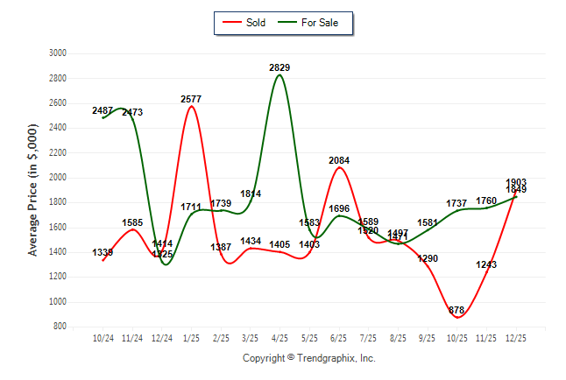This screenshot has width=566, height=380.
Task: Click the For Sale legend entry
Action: (312, 23)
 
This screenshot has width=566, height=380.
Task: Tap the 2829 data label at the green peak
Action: (279, 67)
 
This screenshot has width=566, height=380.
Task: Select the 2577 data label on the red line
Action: (191, 100)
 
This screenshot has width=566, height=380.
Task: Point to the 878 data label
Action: (456, 310)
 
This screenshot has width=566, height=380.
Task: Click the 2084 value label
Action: (339, 160)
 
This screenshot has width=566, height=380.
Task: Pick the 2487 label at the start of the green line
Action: (103, 110)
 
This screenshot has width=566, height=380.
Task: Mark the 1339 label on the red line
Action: (103, 253)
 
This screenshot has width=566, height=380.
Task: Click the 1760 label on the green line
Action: (486, 201)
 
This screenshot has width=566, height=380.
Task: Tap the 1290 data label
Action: (427, 259)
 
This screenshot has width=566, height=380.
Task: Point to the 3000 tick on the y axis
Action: (59, 53)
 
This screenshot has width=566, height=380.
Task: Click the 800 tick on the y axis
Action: (61, 327)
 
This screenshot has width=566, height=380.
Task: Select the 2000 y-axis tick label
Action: (59, 178)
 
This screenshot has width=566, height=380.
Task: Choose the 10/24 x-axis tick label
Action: (103, 337)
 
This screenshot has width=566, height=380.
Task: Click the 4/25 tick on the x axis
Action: (279, 337)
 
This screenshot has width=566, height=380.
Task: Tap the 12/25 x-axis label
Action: (515, 337)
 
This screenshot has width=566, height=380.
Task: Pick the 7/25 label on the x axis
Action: (368, 337)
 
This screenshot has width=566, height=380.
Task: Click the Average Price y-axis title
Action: (32, 189)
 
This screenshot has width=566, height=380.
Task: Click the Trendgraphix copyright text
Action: (308, 358)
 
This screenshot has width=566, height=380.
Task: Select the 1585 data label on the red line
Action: (132, 223)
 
